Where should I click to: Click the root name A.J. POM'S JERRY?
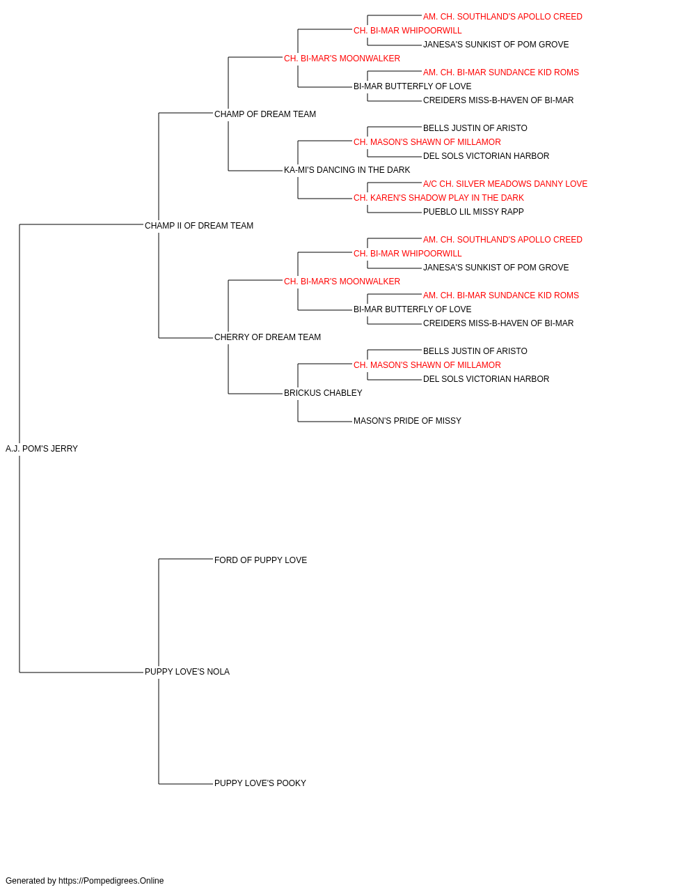pyautogui.click(x=41, y=449)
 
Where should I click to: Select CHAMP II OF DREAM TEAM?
pyautogui.click(x=199, y=226)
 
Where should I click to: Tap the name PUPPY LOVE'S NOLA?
pyautogui.click(x=187, y=672)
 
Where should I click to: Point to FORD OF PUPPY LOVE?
pyautogui.click(x=260, y=560)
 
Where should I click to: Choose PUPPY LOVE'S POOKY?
pyautogui.click(x=260, y=783)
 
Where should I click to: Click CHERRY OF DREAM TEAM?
pyautogui.click(x=267, y=337)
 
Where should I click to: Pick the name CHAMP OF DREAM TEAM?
pyautogui.click(x=264, y=114)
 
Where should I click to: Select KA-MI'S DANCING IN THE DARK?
pyautogui.click(x=347, y=170)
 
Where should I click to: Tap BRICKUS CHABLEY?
pyautogui.click(x=323, y=393)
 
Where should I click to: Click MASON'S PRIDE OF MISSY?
pyautogui.click(x=407, y=421)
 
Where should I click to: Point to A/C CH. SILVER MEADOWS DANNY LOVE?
pyautogui.click(x=505, y=184)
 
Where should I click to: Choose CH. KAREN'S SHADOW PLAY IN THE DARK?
pyautogui.click(x=438, y=198)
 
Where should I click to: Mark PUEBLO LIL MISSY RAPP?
pyautogui.click(x=473, y=212)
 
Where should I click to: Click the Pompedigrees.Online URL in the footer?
pyautogui.click(x=111, y=881)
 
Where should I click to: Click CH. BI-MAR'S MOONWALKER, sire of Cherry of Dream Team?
pyautogui.click(x=342, y=282)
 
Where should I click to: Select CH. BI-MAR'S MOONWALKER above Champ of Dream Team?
pyautogui.click(x=342, y=59)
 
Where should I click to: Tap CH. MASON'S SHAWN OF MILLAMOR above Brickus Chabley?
pyautogui.click(x=427, y=365)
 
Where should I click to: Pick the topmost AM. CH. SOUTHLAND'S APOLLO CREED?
pyautogui.click(x=503, y=17)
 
